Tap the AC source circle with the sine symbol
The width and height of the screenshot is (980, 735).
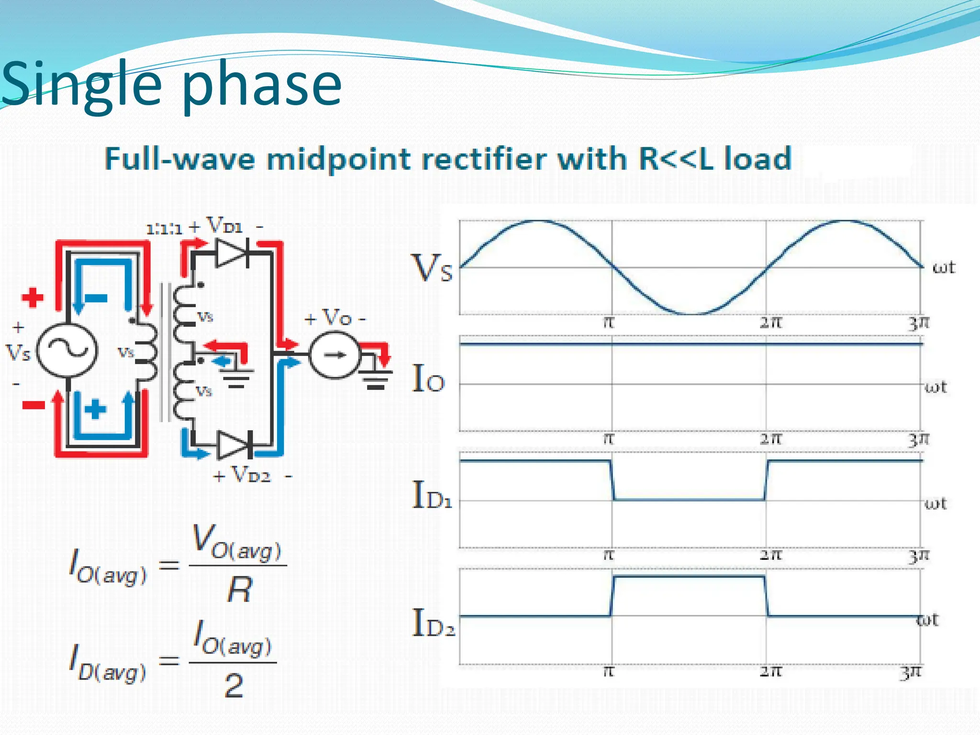tap(67, 350)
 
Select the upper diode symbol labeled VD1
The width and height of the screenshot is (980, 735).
tap(233, 252)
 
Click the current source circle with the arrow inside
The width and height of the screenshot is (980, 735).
tap(334, 355)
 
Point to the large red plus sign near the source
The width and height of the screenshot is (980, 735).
tap(33, 297)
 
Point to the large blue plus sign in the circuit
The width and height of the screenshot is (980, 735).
tap(95, 409)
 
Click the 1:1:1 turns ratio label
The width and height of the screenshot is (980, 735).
tap(164, 229)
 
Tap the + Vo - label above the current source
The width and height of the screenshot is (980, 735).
tap(335, 318)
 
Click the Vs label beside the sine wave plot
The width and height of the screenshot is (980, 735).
tap(432, 268)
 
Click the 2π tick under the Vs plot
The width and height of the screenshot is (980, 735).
tap(770, 323)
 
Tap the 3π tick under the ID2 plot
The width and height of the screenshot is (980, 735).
tap(910, 672)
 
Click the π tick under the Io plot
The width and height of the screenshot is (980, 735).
tap(608, 438)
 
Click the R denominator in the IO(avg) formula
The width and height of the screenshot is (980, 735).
tap(239, 590)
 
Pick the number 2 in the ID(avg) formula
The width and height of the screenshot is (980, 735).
tap(234, 685)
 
